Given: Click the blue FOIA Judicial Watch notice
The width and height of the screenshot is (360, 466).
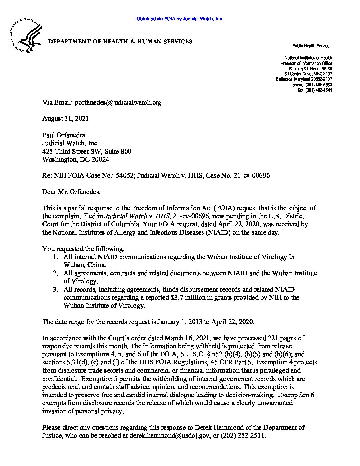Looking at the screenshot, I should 180,19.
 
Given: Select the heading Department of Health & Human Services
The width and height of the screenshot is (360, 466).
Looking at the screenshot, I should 120,42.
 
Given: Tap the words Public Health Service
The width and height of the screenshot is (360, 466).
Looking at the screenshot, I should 310,46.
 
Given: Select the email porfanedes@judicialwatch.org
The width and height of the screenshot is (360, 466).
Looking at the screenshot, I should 118,102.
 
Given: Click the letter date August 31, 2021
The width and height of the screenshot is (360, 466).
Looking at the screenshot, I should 66,118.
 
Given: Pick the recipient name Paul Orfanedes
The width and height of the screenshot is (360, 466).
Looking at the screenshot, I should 64,135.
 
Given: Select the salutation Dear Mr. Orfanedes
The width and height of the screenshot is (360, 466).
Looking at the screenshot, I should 71,192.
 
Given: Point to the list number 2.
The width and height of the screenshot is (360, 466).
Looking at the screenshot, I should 56,273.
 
